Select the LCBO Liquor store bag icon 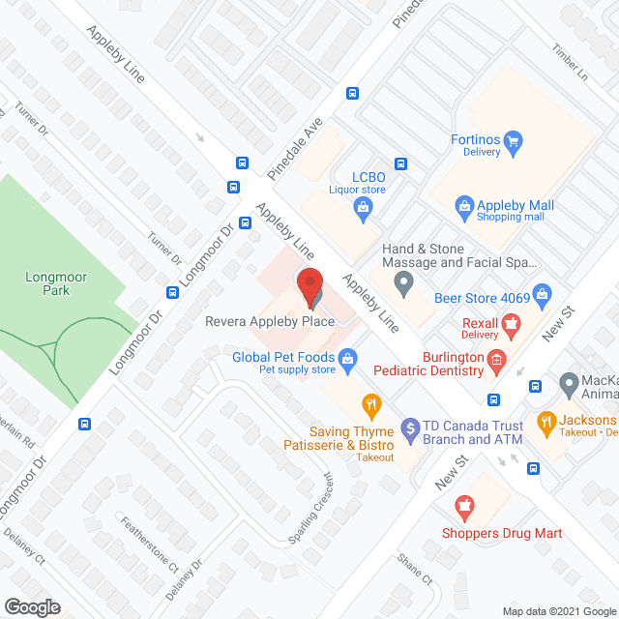[x=363, y=207]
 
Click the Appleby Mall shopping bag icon [x=464, y=206]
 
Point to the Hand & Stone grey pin [x=404, y=284]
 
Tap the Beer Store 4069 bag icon [x=542, y=294]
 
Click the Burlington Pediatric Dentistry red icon [x=497, y=362]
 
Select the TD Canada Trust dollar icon [x=410, y=427]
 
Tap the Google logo [x=32, y=606]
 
